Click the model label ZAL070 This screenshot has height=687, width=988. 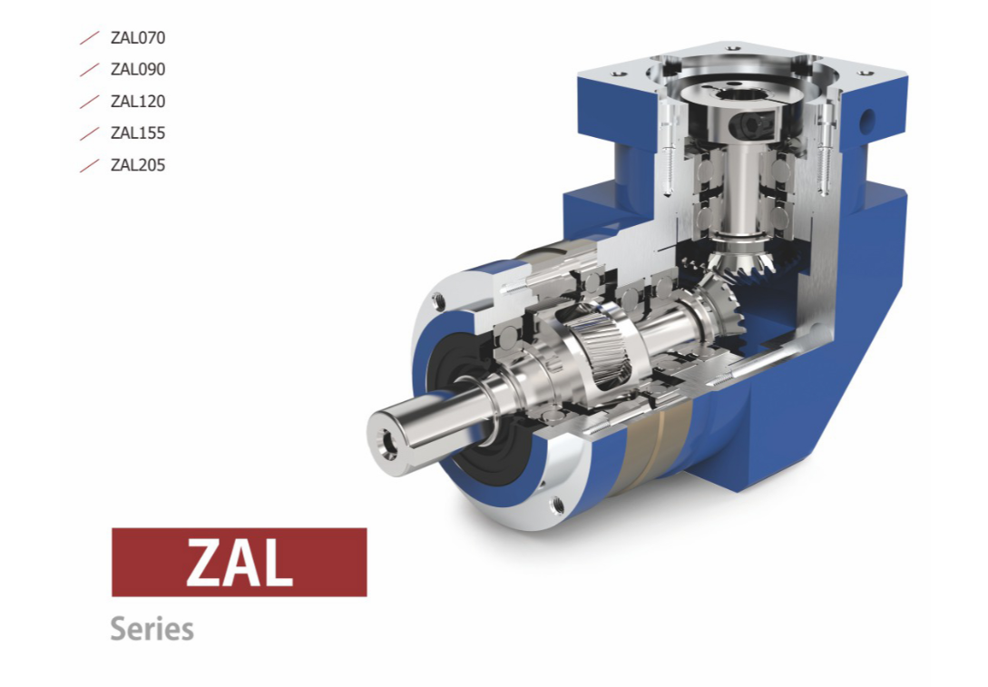(x=138, y=38)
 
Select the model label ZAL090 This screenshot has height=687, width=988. (x=138, y=69)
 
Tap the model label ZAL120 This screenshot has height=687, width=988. (x=138, y=101)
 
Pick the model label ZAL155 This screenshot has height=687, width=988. (x=138, y=133)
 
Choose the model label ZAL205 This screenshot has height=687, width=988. (x=138, y=165)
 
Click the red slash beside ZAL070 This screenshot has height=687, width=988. (x=90, y=38)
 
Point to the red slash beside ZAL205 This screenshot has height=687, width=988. (x=90, y=165)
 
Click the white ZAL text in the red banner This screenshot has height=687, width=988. (x=240, y=563)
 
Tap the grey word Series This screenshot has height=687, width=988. (x=152, y=629)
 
